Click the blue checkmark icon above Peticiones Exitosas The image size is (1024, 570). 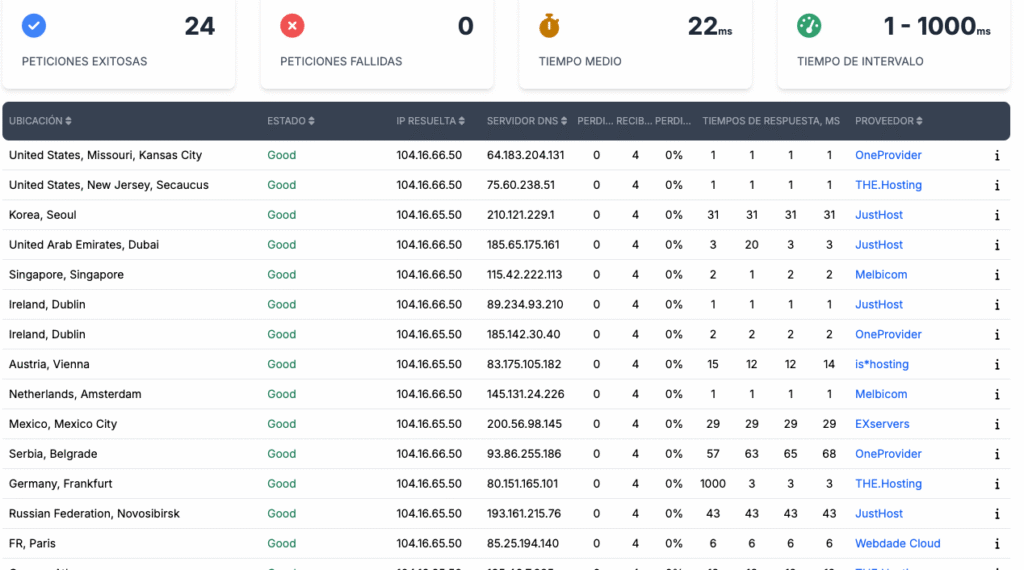pyautogui.click(x=33, y=26)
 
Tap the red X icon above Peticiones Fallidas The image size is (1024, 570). pyautogui.click(x=292, y=26)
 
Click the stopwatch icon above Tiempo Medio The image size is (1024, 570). pyautogui.click(x=550, y=26)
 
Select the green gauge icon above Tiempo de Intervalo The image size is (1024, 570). pyautogui.click(x=809, y=26)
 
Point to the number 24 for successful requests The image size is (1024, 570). pyautogui.click(x=199, y=27)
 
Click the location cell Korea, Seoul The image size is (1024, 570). pyautogui.click(x=42, y=215)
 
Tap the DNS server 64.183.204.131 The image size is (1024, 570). pyautogui.click(x=525, y=155)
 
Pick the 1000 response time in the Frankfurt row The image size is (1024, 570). pyautogui.click(x=713, y=484)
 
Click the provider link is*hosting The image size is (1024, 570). pyautogui.click(x=881, y=364)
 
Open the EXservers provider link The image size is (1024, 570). pyautogui.click(x=882, y=424)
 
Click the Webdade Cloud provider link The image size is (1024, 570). pyautogui.click(x=897, y=544)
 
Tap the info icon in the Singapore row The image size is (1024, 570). pyautogui.click(x=997, y=275)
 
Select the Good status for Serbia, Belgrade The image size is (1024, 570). pyautogui.click(x=281, y=454)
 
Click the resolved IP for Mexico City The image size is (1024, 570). pyautogui.click(x=429, y=424)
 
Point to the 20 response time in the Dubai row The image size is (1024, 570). pyautogui.click(x=752, y=245)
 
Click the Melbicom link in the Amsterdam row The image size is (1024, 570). pyautogui.click(x=881, y=394)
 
